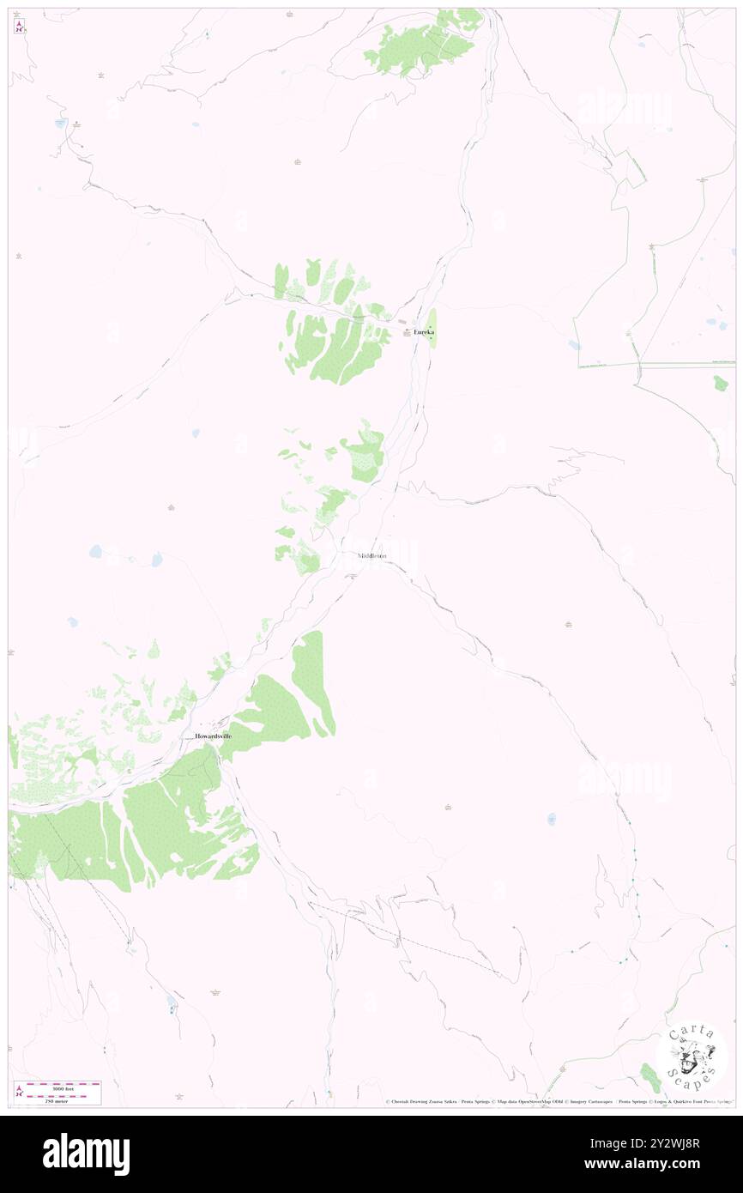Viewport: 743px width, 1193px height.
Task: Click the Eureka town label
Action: coord(424,332)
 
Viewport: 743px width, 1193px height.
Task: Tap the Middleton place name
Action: coord(372,556)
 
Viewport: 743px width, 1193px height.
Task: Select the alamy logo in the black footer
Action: coord(86,1154)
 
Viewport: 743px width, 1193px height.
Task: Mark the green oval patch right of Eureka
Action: coord(432,329)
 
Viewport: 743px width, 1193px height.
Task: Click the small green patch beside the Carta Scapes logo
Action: coord(650,1073)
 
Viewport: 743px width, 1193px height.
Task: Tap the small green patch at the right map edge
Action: coord(721,383)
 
